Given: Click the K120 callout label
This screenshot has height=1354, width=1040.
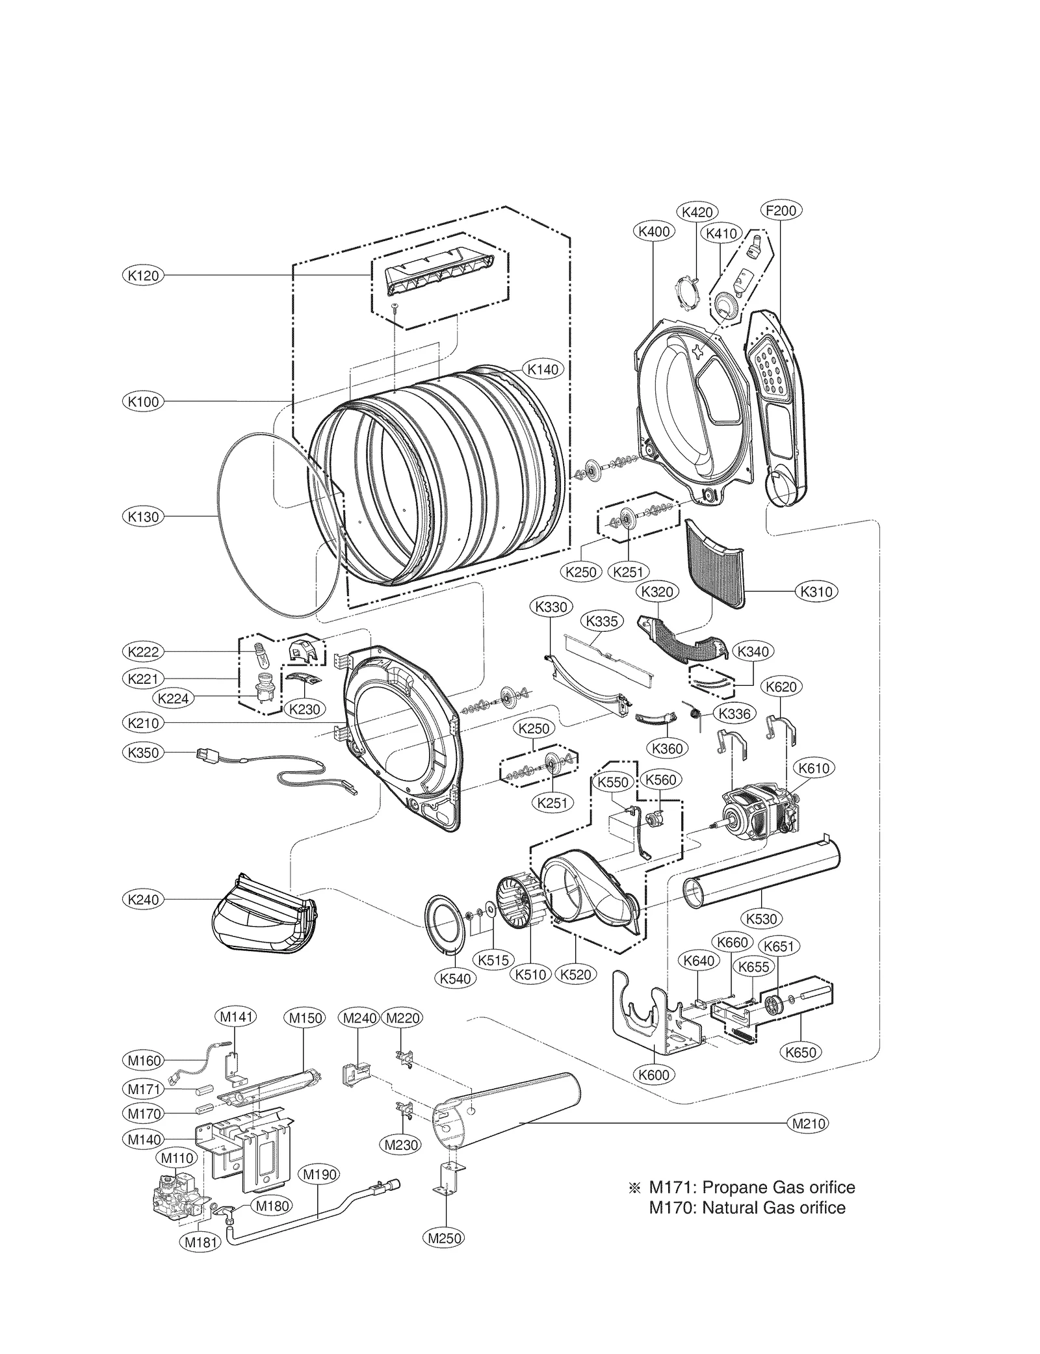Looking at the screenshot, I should tap(143, 276).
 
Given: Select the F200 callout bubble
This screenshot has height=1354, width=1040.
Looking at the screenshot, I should tap(781, 211).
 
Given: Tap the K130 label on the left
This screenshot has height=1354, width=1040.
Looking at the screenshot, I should tap(143, 517).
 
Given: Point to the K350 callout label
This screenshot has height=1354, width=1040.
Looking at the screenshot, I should tap(143, 753).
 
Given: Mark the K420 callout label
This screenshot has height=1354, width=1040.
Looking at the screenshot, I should tap(697, 212).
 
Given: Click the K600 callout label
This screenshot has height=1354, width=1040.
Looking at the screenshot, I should tap(654, 1074).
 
